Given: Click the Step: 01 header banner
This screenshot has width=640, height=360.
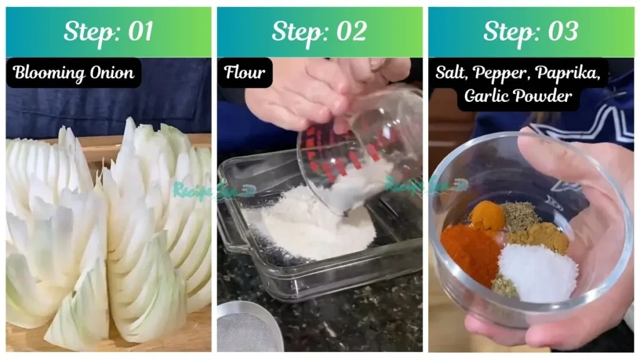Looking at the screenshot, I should tap(109, 32).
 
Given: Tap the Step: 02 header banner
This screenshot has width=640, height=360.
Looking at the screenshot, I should tap(319, 32).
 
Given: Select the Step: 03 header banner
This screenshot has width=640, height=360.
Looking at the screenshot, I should tap(531, 32).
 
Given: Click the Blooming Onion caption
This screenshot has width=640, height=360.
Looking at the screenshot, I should tap(74, 73).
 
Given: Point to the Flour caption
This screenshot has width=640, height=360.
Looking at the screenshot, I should tap(244, 73).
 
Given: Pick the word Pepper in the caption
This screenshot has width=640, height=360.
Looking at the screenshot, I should tap(501, 73).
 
